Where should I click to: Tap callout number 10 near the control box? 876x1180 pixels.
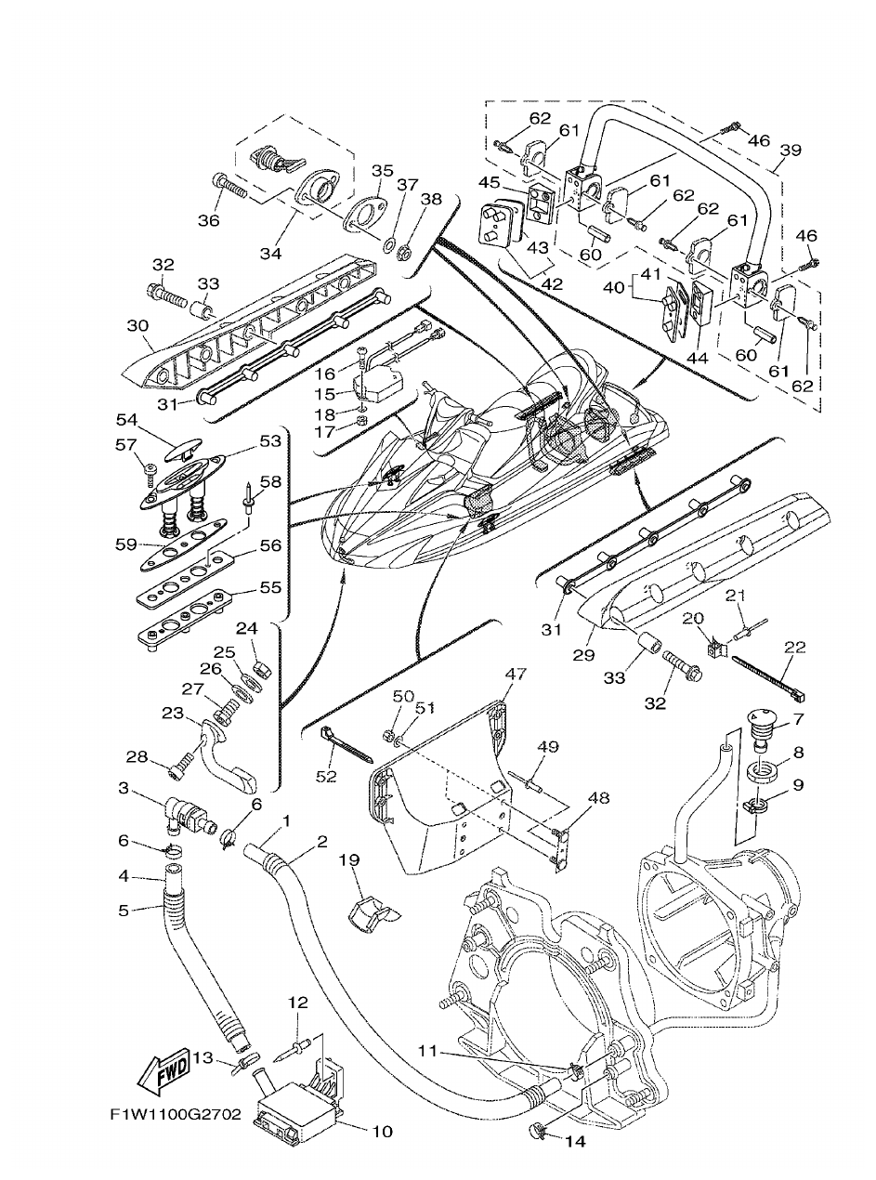click(382, 1131)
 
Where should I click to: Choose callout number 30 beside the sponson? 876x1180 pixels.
click(137, 325)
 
